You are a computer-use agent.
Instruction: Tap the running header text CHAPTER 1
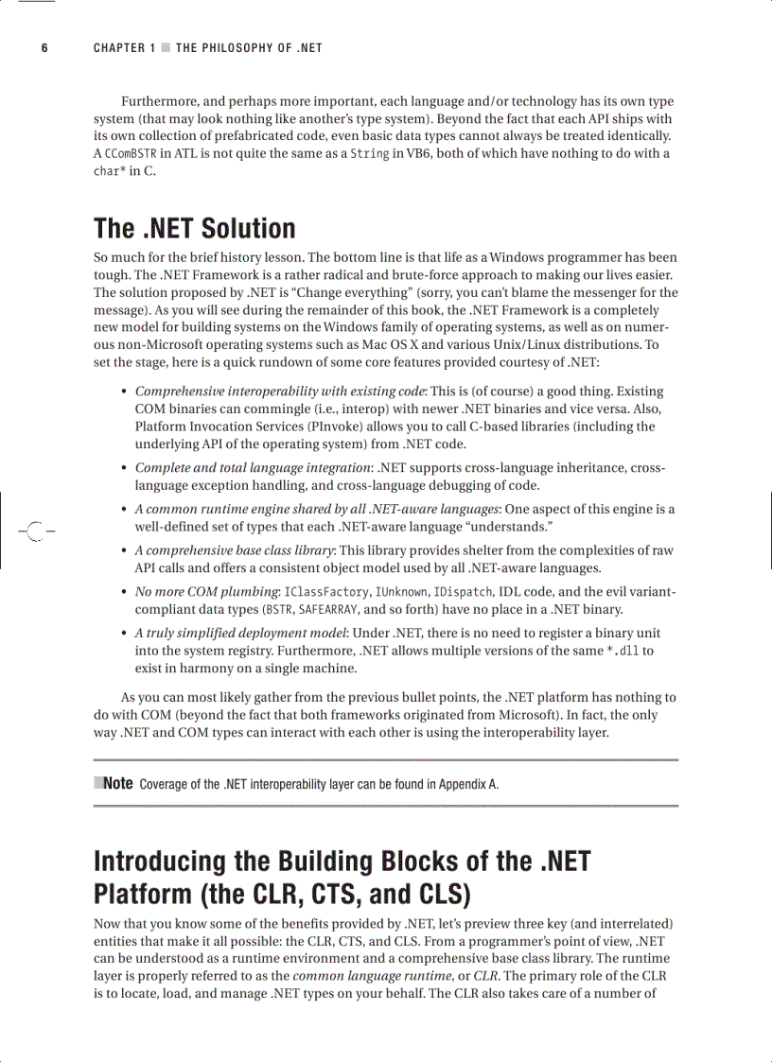125,48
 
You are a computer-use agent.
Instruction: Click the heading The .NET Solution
195,229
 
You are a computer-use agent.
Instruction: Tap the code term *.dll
623,652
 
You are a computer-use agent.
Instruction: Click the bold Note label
117,783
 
